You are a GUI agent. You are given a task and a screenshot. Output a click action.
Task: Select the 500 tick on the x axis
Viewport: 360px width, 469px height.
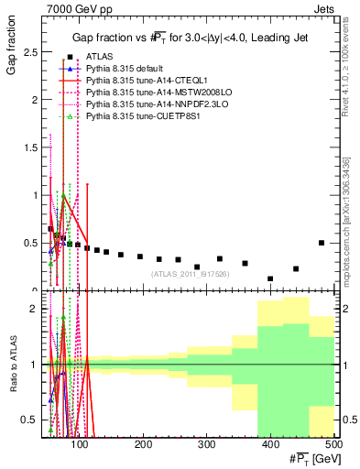333,444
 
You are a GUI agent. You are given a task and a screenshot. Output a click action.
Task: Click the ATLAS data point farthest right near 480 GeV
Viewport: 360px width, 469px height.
321,243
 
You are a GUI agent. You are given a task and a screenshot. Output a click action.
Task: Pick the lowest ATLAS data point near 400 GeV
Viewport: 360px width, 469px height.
270,278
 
